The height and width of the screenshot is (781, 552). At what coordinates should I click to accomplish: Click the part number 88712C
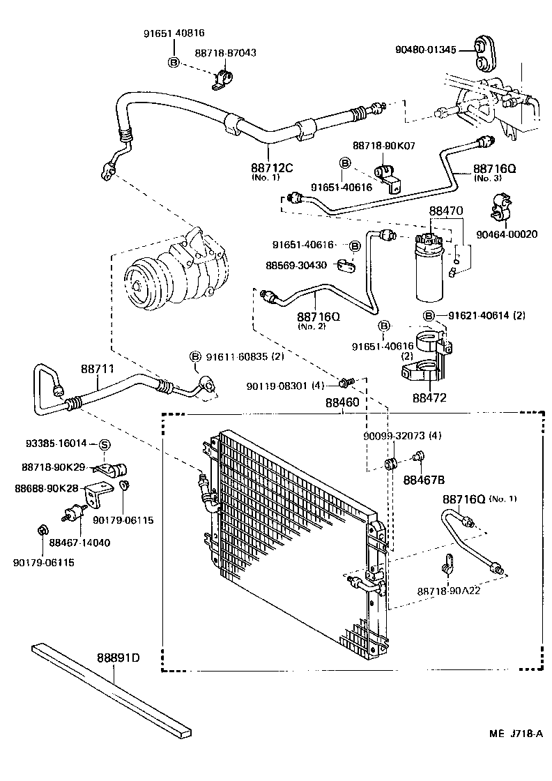(x=271, y=167)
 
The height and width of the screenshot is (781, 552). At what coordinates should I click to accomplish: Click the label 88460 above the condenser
(x=342, y=403)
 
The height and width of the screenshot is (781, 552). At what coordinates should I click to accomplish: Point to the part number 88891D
(x=118, y=658)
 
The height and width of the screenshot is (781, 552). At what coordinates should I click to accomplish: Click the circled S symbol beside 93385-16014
(x=103, y=444)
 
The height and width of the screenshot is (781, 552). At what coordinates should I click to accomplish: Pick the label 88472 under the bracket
(x=429, y=397)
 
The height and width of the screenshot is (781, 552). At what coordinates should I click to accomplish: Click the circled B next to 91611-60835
(x=196, y=357)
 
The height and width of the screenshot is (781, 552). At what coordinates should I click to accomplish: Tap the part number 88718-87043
(x=225, y=53)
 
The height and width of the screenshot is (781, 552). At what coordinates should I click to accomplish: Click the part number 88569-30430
(x=297, y=265)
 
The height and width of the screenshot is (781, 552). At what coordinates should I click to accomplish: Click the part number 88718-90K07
(x=384, y=146)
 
